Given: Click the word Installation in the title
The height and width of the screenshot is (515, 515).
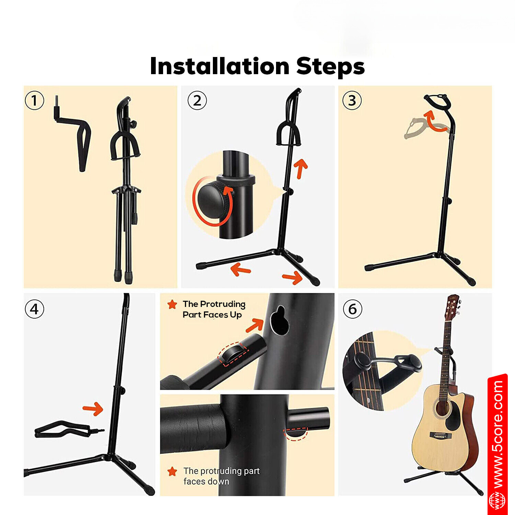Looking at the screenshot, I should pos(220,66).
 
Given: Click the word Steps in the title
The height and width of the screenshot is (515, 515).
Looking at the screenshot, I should pos(330,66).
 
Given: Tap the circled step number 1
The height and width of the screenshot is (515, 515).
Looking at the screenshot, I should pos(34,101).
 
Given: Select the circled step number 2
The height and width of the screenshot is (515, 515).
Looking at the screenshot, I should pos(197,101).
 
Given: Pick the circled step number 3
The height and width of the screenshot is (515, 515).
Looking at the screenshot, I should pos(352,101).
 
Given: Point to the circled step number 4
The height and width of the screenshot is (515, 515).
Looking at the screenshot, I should pos(34,309).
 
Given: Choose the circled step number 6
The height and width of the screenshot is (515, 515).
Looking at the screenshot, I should pos(353,309).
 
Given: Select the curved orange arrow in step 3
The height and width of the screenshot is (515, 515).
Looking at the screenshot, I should pos(434,122).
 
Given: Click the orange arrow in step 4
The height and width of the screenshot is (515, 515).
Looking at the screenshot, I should pos(93,409).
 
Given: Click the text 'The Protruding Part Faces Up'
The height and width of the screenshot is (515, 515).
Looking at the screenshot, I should pos(214,309).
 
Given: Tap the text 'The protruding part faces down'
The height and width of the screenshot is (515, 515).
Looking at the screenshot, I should pos(221,476).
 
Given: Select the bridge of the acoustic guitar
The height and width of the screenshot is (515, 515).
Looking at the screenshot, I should pos(440,436).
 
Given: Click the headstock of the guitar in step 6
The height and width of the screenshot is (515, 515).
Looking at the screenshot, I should pos(453,306).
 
